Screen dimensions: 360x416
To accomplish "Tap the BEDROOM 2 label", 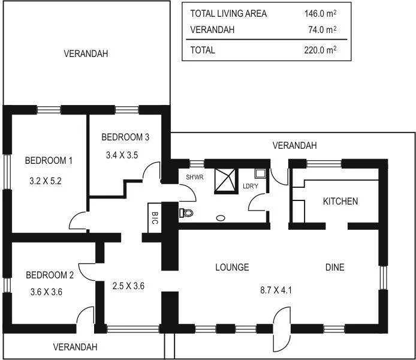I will coord(50,275).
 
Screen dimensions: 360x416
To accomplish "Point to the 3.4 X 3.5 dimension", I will coord(122,155).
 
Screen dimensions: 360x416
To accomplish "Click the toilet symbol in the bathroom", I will coord(186,212).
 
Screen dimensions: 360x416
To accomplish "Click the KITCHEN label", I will coord(340,201).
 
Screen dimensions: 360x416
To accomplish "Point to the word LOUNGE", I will coord(231,267).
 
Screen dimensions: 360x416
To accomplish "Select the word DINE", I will coord(334,267).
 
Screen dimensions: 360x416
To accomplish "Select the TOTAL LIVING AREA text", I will coord(228,13).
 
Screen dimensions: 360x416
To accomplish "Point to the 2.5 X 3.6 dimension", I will coord(129,286).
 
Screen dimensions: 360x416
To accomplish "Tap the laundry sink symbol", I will coord(260,174).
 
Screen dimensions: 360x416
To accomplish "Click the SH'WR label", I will coord(195,177).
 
